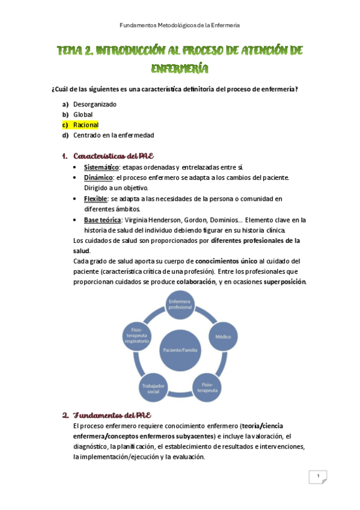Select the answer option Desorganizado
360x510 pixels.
94,104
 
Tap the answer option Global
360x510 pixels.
83,114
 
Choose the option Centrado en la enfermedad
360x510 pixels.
114,135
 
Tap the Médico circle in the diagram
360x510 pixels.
223,337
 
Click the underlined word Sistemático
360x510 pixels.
101,167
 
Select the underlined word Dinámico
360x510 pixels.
98,177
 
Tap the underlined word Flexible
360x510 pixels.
96,198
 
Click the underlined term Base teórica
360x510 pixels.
102,220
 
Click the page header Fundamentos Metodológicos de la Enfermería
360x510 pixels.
180,25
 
